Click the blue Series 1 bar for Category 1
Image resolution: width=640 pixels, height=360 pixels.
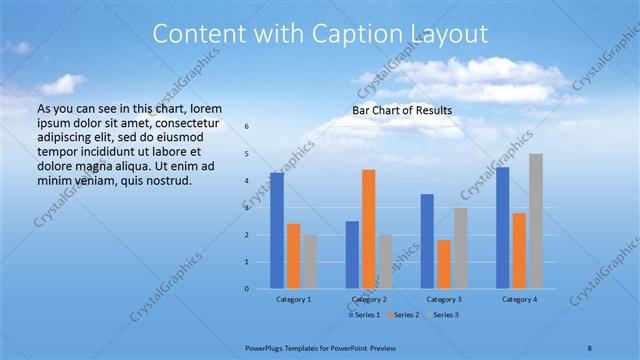(277, 231)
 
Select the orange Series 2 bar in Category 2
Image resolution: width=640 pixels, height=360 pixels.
(368, 229)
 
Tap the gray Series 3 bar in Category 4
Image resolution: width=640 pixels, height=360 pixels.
(536, 221)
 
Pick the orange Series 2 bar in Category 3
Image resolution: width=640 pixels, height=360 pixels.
(444, 264)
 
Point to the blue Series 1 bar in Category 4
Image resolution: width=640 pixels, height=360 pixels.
(502, 228)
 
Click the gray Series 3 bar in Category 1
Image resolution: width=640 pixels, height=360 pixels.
(310, 262)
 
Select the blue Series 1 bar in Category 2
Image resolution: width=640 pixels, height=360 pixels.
(352, 255)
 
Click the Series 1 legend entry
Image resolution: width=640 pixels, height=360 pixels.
(362, 315)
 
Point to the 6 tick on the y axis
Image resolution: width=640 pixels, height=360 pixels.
(247, 127)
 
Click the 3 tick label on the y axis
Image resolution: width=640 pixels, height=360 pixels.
(247, 208)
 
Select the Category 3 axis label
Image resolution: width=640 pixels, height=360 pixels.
(444, 299)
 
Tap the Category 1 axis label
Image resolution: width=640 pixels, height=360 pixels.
(294, 299)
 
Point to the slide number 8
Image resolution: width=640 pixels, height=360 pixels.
(589, 347)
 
